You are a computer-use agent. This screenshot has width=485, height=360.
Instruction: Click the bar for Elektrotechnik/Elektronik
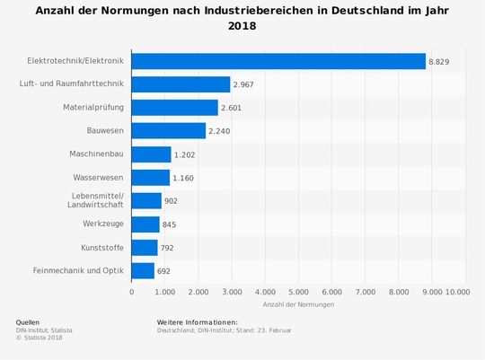(x=278, y=61)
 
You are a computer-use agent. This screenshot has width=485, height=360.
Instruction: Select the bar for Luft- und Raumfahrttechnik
(x=181, y=84)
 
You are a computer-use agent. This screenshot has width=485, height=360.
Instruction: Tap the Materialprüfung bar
(x=174, y=108)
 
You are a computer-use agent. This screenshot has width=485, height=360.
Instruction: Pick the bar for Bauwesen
(x=169, y=131)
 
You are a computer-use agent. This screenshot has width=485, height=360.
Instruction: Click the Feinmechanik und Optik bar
(x=143, y=270)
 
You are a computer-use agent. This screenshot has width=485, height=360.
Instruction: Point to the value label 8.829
(x=439, y=61)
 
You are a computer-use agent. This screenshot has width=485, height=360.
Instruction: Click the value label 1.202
(x=184, y=154)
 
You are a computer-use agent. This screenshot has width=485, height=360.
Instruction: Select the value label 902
(x=171, y=201)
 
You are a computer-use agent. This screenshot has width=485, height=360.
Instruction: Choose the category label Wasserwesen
(x=99, y=178)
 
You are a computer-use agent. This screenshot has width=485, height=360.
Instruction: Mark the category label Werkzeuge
(x=102, y=224)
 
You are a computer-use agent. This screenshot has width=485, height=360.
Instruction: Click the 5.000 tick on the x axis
(x=298, y=292)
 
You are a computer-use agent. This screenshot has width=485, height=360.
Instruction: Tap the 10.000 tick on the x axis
(x=456, y=292)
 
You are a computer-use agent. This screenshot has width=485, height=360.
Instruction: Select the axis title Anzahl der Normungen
(x=298, y=305)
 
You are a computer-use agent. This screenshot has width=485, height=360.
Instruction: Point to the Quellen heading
(x=28, y=321)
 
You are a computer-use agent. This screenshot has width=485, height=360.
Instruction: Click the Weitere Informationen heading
(x=197, y=321)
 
